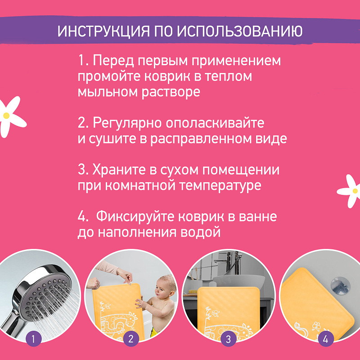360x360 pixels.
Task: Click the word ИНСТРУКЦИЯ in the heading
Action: coord(103,31)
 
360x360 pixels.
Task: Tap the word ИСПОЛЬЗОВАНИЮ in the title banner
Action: coord(240,31)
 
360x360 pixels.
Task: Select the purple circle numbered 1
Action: coord(33,339)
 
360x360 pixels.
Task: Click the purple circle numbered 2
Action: coord(131,339)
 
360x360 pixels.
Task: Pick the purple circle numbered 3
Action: coord(228,339)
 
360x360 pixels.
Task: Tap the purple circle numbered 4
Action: coord(325,339)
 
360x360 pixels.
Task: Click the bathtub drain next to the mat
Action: coord(340,285)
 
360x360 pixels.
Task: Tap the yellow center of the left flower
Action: coord(6,116)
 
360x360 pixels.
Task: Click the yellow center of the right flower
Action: coord(355,191)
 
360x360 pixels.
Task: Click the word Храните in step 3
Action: coord(119,170)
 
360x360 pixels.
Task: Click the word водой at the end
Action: coord(200,232)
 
